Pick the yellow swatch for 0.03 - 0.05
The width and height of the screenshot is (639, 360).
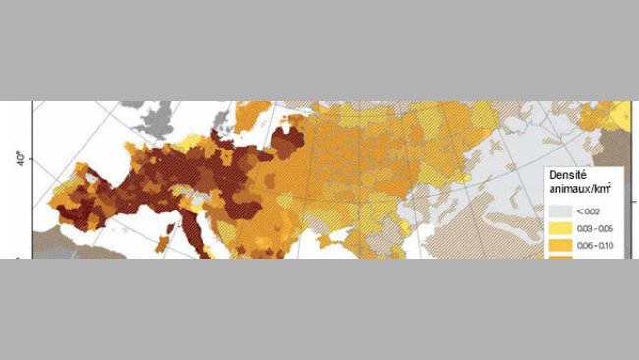coord(559,225)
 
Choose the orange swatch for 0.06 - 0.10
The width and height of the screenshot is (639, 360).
coord(559,245)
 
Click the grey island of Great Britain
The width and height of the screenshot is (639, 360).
coord(155,123)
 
